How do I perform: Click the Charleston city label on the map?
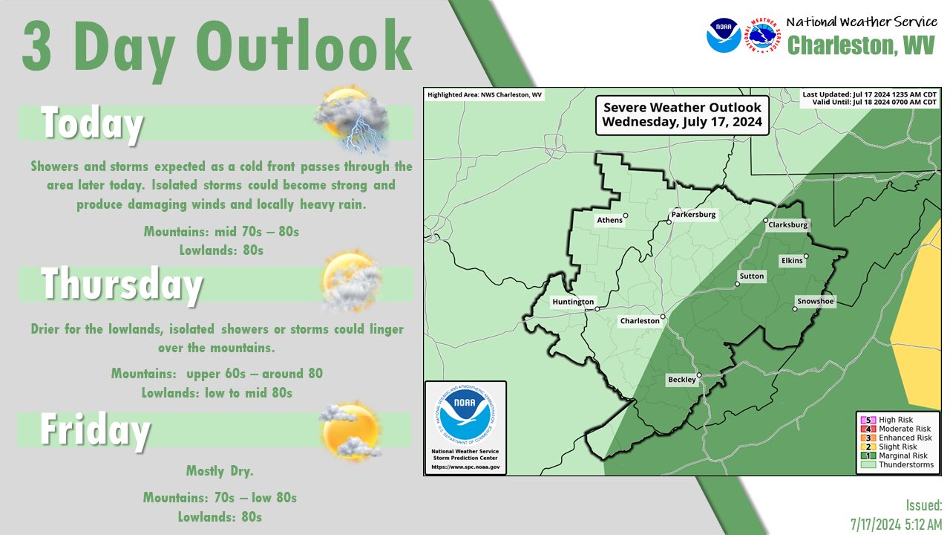click(x=640, y=321)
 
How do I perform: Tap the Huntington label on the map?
click(x=573, y=302)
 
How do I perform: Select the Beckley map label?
click(x=682, y=380)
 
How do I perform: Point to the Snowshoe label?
click(x=815, y=302)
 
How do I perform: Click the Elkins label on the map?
click(x=792, y=261)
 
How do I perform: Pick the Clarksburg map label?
click(x=788, y=224)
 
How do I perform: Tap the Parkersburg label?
click(x=693, y=215)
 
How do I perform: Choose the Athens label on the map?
click(x=609, y=220)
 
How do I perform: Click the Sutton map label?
click(x=752, y=276)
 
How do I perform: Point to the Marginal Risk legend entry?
click(x=894, y=455)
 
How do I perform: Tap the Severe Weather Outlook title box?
click(x=682, y=115)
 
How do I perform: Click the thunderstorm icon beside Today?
click(x=351, y=120)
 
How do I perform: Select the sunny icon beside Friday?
click(x=350, y=431)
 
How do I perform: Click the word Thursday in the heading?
click(x=122, y=285)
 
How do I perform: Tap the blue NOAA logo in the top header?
click(x=724, y=36)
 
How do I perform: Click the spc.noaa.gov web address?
click(x=465, y=467)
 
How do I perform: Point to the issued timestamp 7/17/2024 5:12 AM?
click(x=896, y=525)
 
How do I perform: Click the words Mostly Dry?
click(x=220, y=471)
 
